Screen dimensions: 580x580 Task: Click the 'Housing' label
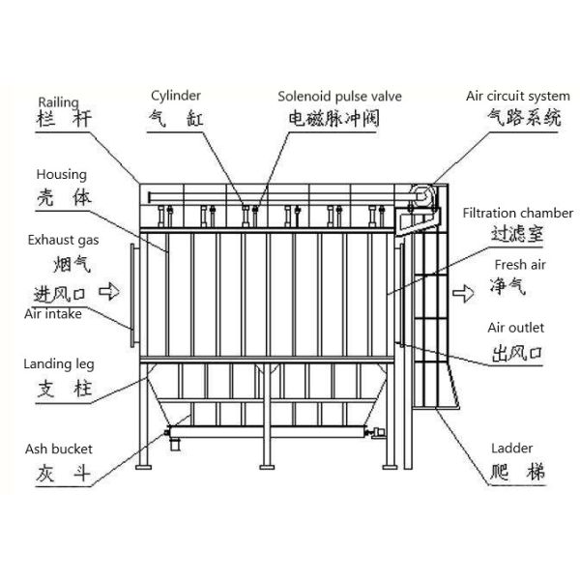[62, 175]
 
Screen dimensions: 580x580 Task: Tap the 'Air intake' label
[53, 314]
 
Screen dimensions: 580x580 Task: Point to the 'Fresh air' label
[521, 263]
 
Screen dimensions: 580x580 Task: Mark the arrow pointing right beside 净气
[467, 288]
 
